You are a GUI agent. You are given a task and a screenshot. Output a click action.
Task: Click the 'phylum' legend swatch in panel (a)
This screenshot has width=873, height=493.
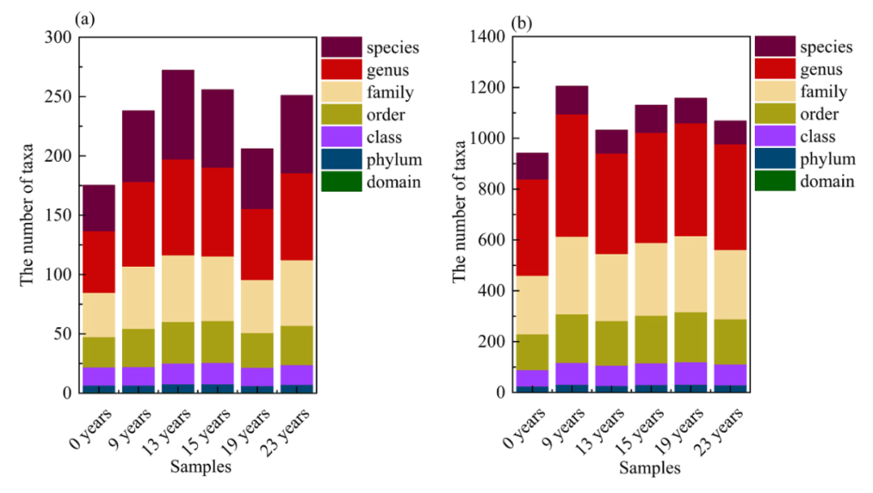tap(342, 159)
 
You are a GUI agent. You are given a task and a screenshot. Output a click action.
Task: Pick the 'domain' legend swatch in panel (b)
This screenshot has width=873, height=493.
tap(776, 181)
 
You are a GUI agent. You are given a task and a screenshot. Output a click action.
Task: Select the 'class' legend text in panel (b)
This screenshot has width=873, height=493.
tap(817, 137)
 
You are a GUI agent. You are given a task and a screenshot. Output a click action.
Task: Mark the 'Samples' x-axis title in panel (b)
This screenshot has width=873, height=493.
tap(649, 468)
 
